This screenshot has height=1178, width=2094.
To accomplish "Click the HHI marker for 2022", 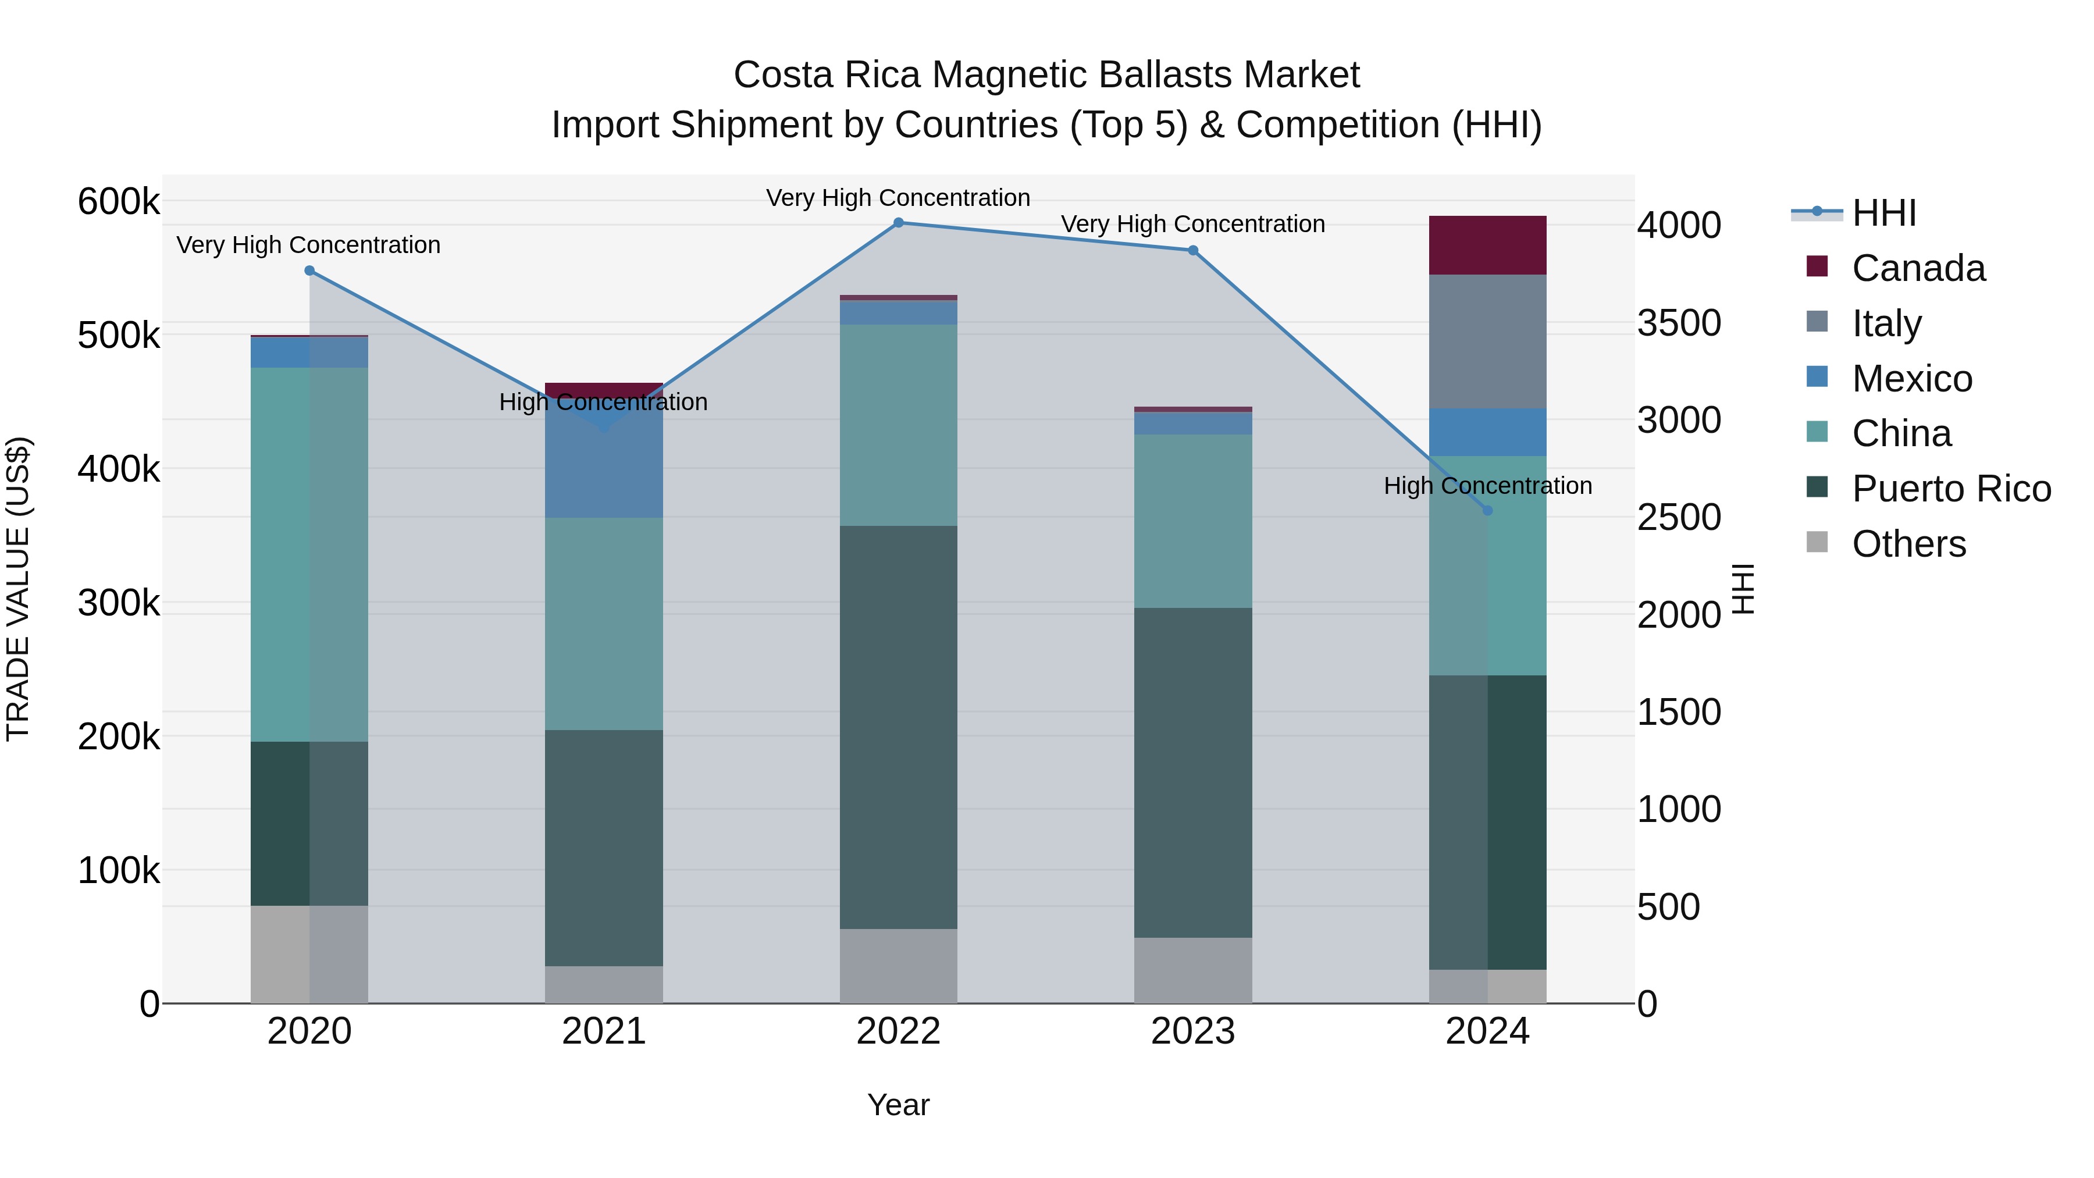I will click(x=898, y=223).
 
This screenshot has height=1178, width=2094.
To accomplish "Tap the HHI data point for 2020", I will click(x=309, y=271).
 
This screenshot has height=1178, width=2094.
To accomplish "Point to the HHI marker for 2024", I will click(x=1487, y=511).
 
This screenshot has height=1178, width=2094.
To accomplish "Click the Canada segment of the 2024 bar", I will click(x=1487, y=245).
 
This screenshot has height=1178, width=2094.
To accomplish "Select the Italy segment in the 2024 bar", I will click(x=1487, y=341).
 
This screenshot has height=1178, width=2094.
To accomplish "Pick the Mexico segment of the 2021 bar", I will click(x=604, y=464).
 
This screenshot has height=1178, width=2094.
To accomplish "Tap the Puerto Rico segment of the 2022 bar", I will click(x=898, y=728).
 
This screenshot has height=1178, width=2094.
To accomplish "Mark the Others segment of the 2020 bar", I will click(x=309, y=955).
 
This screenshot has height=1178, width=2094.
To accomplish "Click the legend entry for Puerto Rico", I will click(x=1951, y=489).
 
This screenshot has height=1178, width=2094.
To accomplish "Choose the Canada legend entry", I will click(x=1918, y=268).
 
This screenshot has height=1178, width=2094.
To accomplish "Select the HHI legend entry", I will click(x=1884, y=213).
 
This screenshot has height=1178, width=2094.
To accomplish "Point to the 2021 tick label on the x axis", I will click(x=604, y=1031).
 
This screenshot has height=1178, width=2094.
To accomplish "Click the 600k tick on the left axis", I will click(x=119, y=201).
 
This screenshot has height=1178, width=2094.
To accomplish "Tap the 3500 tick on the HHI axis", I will click(x=1679, y=323).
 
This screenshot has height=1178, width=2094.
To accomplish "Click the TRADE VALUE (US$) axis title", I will click(x=19, y=589).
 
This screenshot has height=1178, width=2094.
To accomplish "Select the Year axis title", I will click(x=898, y=1105).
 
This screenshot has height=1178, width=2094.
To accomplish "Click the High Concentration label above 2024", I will click(x=1487, y=486).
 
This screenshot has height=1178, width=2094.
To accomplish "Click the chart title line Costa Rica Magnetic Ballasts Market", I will click(x=1046, y=75).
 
